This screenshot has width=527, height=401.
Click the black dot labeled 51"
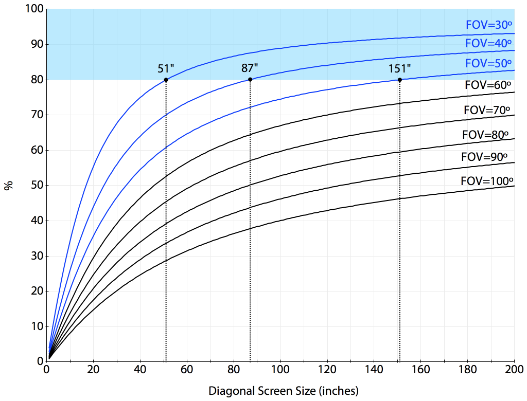coord(166,80)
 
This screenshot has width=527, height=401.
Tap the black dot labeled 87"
coord(250,79)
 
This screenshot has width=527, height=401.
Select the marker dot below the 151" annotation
coord(400,79)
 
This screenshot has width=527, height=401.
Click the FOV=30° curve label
coord(488,24)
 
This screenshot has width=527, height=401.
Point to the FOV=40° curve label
coord(488,44)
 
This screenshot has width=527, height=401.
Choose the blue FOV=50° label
coord(488,64)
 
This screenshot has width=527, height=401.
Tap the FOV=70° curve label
coord(487,110)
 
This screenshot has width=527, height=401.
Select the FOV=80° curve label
coord(486,135)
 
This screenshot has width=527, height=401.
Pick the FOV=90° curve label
coord(485,157)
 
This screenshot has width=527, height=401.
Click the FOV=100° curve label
coord(487,181)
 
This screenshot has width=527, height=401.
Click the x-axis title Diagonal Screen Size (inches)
coord(283,391)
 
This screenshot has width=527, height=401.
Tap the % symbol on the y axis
coord(8,185)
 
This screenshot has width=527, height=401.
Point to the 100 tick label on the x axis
coord(280,370)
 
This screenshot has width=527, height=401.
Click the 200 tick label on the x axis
coord(514,370)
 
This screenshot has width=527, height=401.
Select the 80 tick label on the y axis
coord(37,80)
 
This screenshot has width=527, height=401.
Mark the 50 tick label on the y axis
coord(37,185)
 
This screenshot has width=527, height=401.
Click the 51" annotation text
coord(166,68)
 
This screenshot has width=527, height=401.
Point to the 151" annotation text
coord(400,68)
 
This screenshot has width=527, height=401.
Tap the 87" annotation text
coord(250,68)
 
